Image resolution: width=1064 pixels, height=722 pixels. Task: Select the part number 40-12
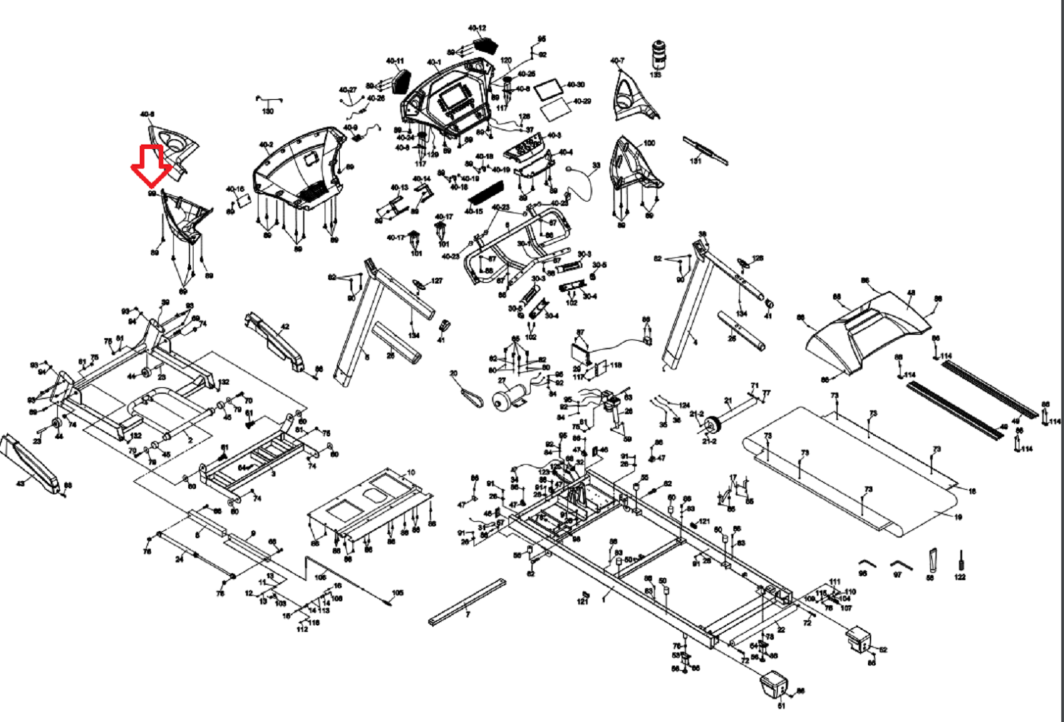pyautogui.click(x=477, y=29)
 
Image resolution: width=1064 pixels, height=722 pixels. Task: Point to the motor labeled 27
pyautogui.click(x=509, y=398)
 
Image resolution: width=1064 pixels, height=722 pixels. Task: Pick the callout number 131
pyautogui.click(x=696, y=160)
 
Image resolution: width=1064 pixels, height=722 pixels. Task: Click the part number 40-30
pyautogui.click(x=576, y=85)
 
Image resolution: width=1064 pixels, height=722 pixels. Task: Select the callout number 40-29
pyautogui.click(x=582, y=101)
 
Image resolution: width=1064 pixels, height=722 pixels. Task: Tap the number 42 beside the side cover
pyautogui.click(x=285, y=327)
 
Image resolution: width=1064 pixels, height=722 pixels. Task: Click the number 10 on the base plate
pyautogui.click(x=411, y=472)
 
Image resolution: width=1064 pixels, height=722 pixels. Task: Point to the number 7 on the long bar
pyautogui.click(x=467, y=615)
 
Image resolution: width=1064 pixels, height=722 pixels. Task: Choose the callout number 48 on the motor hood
pyautogui.click(x=910, y=293)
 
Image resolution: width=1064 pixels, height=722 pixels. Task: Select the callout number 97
pyautogui.click(x=897, y=574)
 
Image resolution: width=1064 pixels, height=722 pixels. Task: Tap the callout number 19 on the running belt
pyautogui.click(x=958, y=517)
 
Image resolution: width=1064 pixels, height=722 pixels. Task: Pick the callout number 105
pyautogui.click(x=398, y=592)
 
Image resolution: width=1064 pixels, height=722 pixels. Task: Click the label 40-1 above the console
pyautogui.click(x=434, y=63)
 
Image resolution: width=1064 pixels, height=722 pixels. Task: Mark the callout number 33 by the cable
pyautogui.click(x=596, y=166)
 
